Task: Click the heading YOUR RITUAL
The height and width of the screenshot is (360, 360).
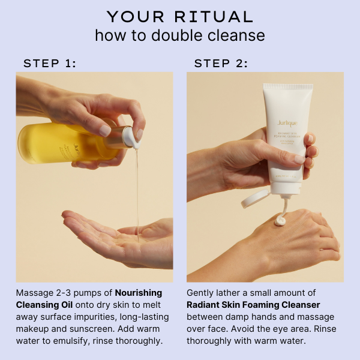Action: [180, 16]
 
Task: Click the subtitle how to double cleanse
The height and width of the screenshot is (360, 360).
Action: [180, 35]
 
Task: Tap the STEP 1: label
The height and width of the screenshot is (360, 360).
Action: [50, 63]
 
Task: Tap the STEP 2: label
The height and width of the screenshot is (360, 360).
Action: [221, 63]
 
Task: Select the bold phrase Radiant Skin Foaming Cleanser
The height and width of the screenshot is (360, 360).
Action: [253, 304]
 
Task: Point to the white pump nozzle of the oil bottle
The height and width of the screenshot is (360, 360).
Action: [133, 137]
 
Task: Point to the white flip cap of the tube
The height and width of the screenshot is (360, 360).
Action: [256, 199]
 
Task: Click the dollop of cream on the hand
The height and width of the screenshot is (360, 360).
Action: [280, 220]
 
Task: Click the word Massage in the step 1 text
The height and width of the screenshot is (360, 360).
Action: [34, 293]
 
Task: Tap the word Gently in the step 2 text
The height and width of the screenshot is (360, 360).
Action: [201, 293]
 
